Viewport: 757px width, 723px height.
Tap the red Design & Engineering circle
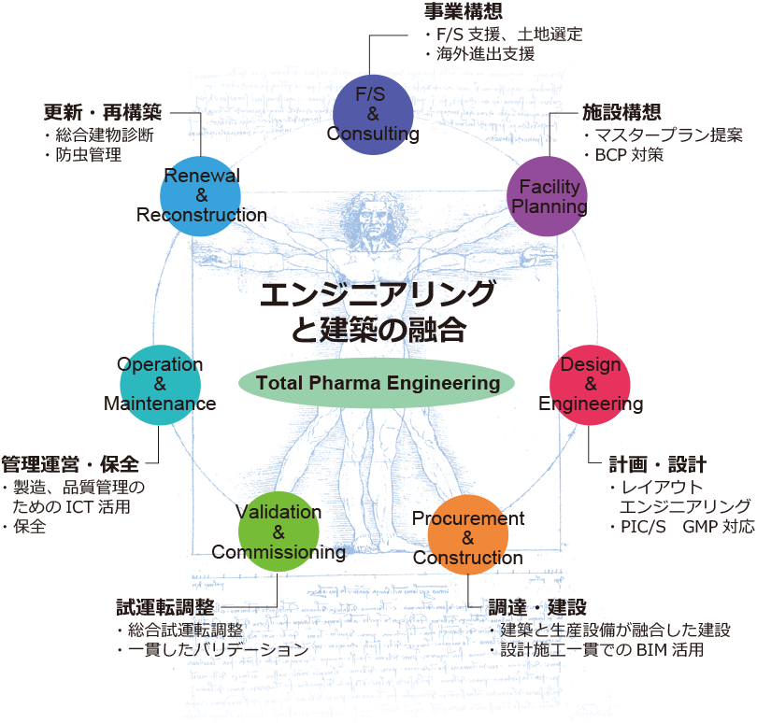tap(590, 384)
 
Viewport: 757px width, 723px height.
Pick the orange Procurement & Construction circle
tap(468, 537)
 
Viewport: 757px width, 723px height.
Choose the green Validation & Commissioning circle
tap(279, 532)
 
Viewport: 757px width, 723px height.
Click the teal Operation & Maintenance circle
tap(160, 384)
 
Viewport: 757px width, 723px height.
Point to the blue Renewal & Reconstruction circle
tap(201, 195)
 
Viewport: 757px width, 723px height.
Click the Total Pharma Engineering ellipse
tap(377, 383)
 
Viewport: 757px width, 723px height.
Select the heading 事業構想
tap(464, 12)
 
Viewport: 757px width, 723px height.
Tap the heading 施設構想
tap(622, 112)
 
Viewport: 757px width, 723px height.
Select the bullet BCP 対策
tap(629, 154)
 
